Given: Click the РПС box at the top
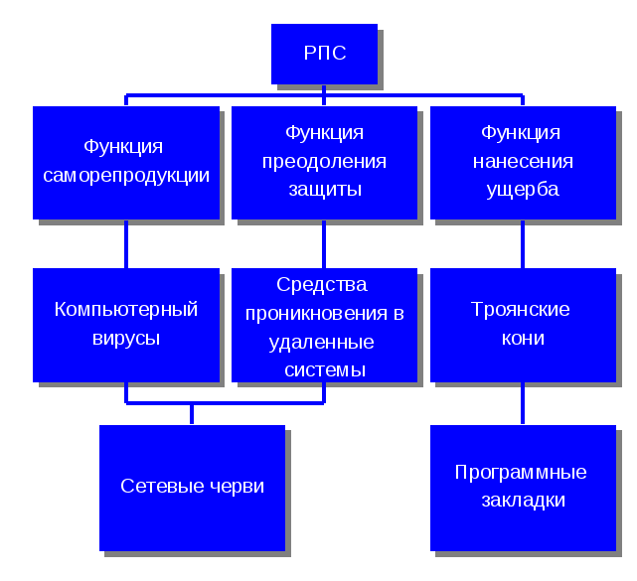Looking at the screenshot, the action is click(x=324, y=54).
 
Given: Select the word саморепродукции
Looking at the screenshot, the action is click(x=125, y=176).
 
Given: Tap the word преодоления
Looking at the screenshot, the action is click(x=324, y=161).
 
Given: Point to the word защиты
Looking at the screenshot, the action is click(x=324, y=189).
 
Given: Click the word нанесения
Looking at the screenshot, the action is click(x=523, y=161).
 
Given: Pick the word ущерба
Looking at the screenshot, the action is click(x=523, y=189).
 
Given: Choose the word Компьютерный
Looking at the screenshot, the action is click(x=125, y=310).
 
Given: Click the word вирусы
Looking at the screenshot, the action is click(x=125, y=338).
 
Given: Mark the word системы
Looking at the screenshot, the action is click(x=324, y=370).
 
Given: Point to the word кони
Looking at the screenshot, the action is click(x=523, y=338).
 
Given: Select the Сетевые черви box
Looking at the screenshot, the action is click(x=192, y=487).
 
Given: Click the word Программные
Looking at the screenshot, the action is click(x=521, y=473).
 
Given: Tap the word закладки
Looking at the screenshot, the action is click(x=523, y=501).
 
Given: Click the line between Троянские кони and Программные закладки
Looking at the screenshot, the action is click(x=523, y=403).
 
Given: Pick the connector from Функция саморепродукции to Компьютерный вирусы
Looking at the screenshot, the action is click(x=125, y=243).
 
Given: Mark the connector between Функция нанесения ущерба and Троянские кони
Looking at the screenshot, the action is click(x=523, y=243).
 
